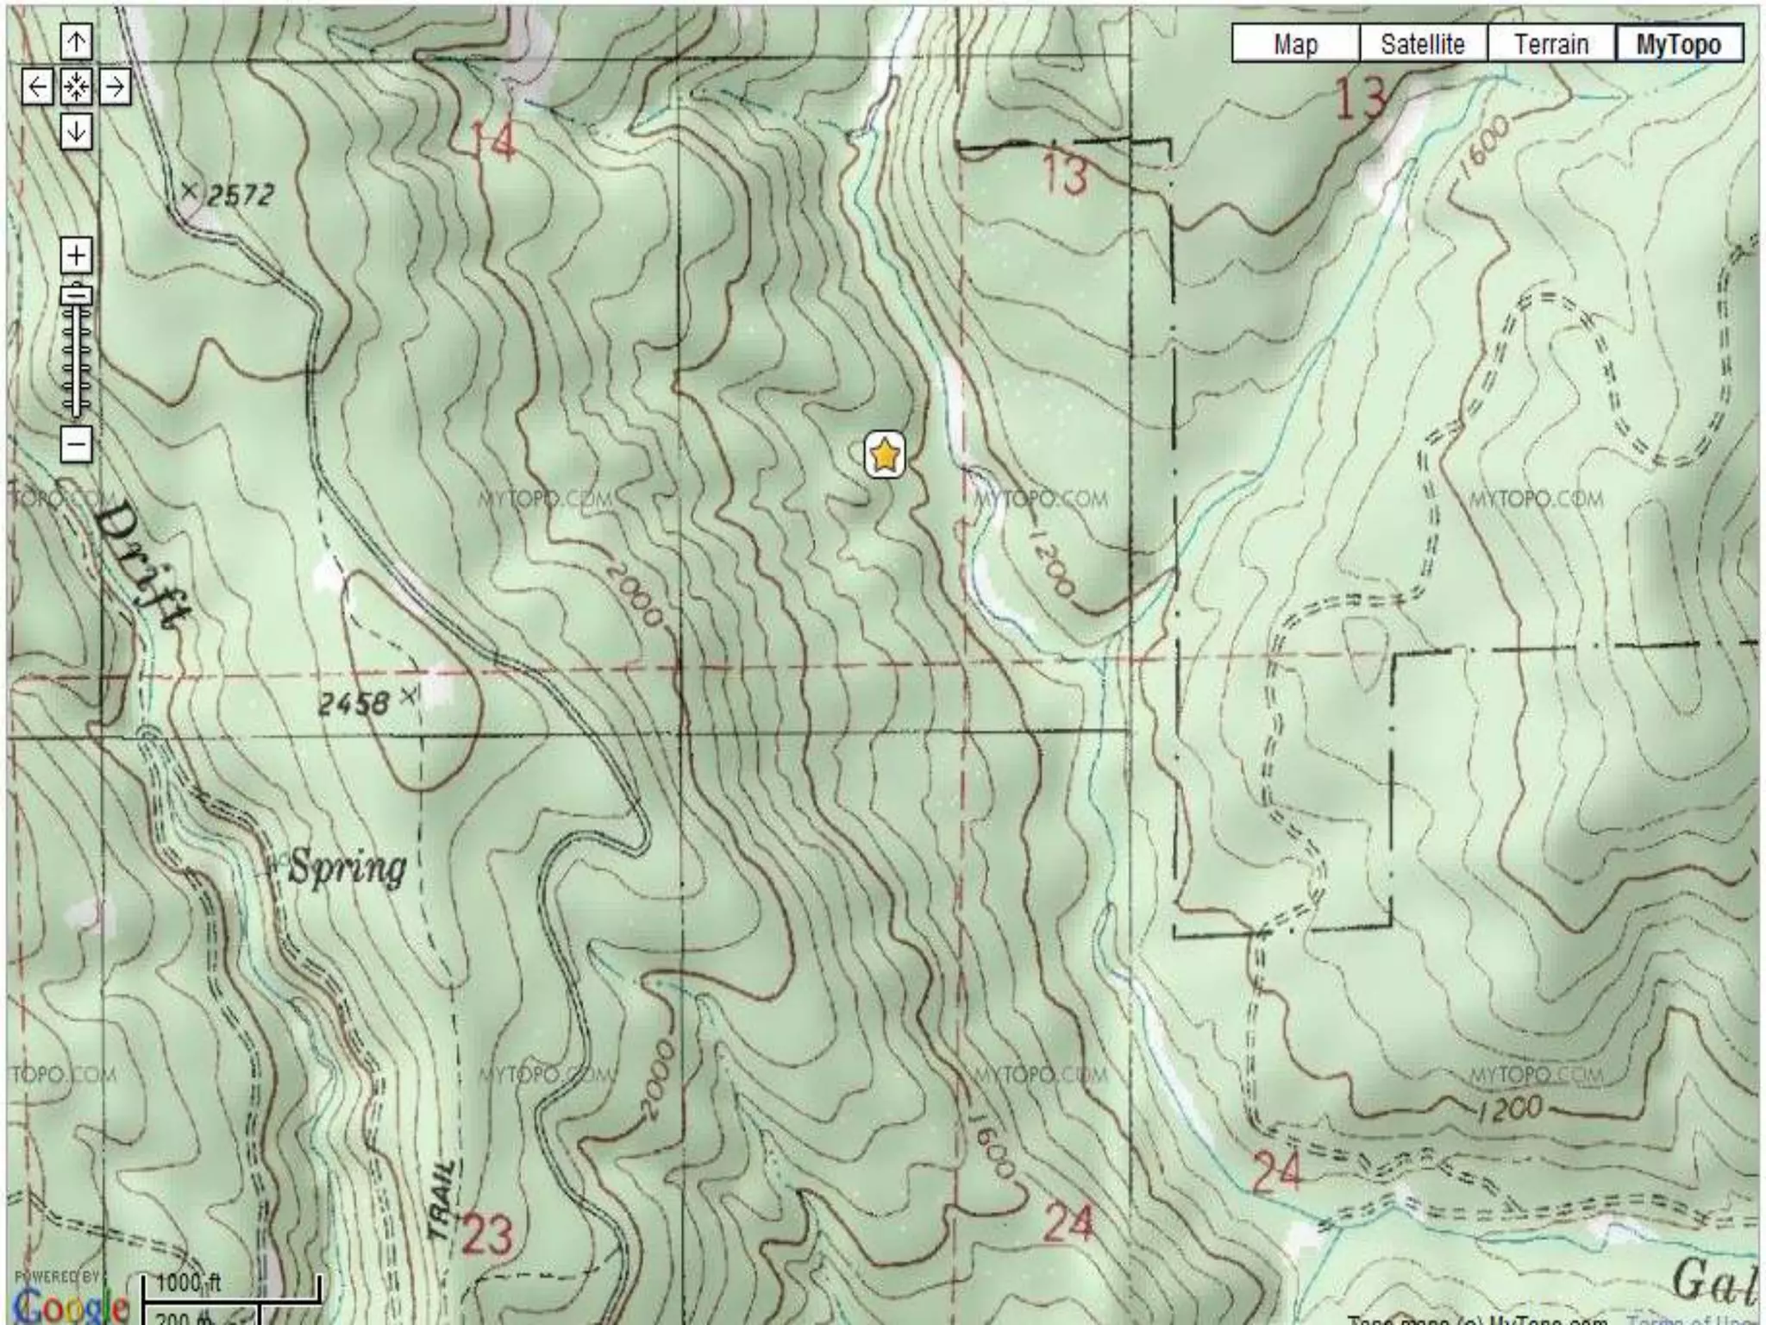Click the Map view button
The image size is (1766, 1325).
click(x=1295, y=44)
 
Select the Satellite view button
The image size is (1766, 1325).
click(x=1423, y=44)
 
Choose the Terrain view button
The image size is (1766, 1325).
click(x=1551, y=44)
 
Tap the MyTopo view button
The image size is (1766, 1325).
click(x=1678, y=44)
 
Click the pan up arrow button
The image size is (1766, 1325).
click(x=76, y=41)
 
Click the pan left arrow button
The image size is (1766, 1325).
click(x=37, y=87)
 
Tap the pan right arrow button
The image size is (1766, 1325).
click(x=115, y=87)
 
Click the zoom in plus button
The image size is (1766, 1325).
click(x=77, y=256)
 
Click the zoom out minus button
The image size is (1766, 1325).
click(x=77, y=445)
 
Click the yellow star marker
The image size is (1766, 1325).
click(x=885, y=455)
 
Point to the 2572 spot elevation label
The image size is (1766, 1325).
click(x=240, y=195)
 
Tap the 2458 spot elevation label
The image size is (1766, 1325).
click(x=354, y=704)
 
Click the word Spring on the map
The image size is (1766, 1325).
click(x=347, y=867)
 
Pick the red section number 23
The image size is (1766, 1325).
click(x=487, y=1234)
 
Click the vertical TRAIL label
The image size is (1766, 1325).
click(x=441, y=1200)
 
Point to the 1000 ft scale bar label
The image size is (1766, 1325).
click(x=188, y=1282)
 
